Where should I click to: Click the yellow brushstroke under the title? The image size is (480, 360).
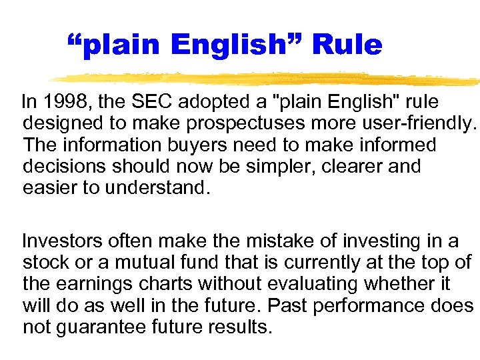(267, 79)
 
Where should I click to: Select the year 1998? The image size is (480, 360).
(68, 102)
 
